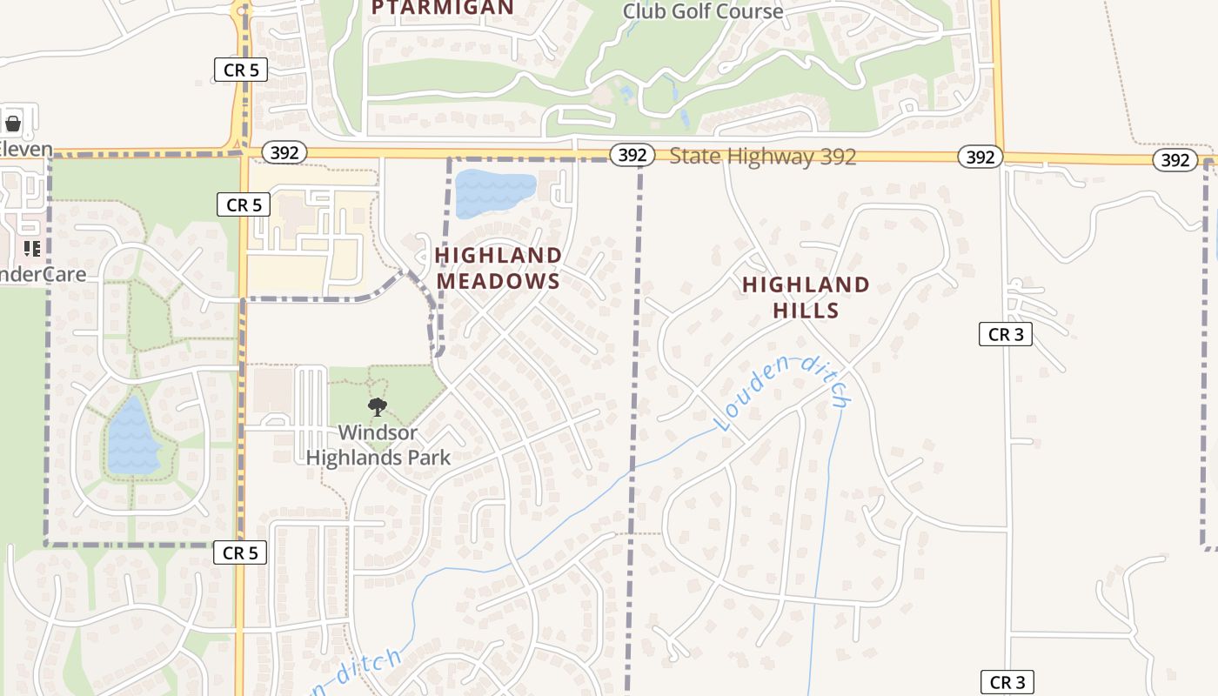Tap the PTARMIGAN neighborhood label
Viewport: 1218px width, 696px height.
point(443,8)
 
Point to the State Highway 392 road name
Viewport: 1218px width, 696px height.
point(763,157)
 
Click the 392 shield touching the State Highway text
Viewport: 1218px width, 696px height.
point(632,155)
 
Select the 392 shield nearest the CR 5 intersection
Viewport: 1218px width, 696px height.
point(284,153)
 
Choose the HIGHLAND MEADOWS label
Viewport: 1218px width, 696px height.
point(499,268)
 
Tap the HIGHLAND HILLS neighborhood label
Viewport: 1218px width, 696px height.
point(806,298)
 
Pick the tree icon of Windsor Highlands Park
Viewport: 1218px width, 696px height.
point(378,406)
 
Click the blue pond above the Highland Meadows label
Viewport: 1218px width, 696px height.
point(494,193)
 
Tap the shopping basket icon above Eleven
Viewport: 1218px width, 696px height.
point(13,124)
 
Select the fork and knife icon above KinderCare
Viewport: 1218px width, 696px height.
point(32,250)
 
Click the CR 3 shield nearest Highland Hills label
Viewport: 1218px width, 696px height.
point(1005,334)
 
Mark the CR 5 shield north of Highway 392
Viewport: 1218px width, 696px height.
point(240,70)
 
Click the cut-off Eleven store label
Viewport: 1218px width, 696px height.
point(25,150)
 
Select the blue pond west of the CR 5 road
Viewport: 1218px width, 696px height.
point(132,436)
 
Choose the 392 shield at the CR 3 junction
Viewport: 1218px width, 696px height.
point(980,157)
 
